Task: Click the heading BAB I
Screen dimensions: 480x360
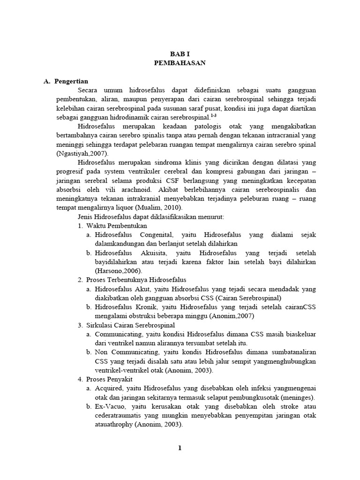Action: tap(180, 54)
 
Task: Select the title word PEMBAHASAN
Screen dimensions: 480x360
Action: tap(180, 63)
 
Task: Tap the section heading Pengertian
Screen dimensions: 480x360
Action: tap(71, 81)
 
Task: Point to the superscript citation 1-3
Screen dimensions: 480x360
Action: tap(213, 115)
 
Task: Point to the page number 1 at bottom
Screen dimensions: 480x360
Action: tap(180, 448)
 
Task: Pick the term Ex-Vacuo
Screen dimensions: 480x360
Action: tap(111, 406)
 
